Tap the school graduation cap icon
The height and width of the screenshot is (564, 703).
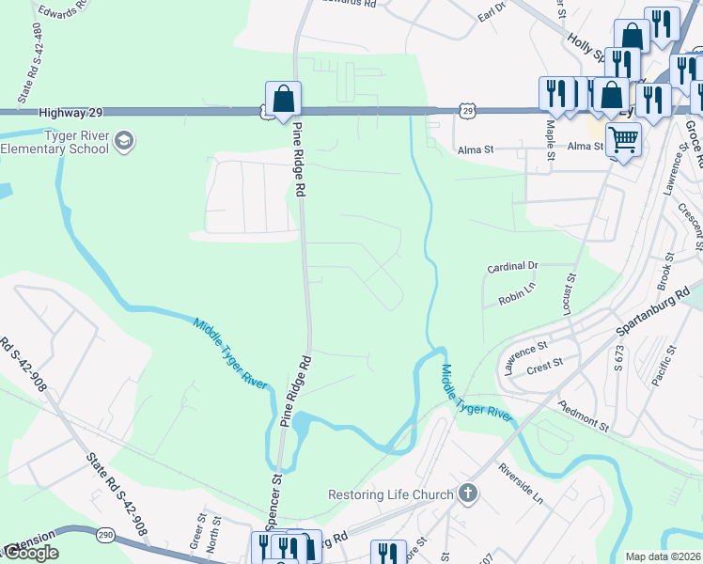point(123,142)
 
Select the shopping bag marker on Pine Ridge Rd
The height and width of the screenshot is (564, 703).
point(283,99)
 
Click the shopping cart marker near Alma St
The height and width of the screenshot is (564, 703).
point(622,140)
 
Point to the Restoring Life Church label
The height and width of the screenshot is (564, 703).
point(389,494)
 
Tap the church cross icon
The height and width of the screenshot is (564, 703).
point(467,494)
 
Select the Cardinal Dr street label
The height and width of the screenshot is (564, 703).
point(512,267)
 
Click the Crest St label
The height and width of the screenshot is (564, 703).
point(544,363)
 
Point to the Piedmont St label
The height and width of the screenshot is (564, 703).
point(584,415)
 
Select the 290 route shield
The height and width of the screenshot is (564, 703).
point(103,534)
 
